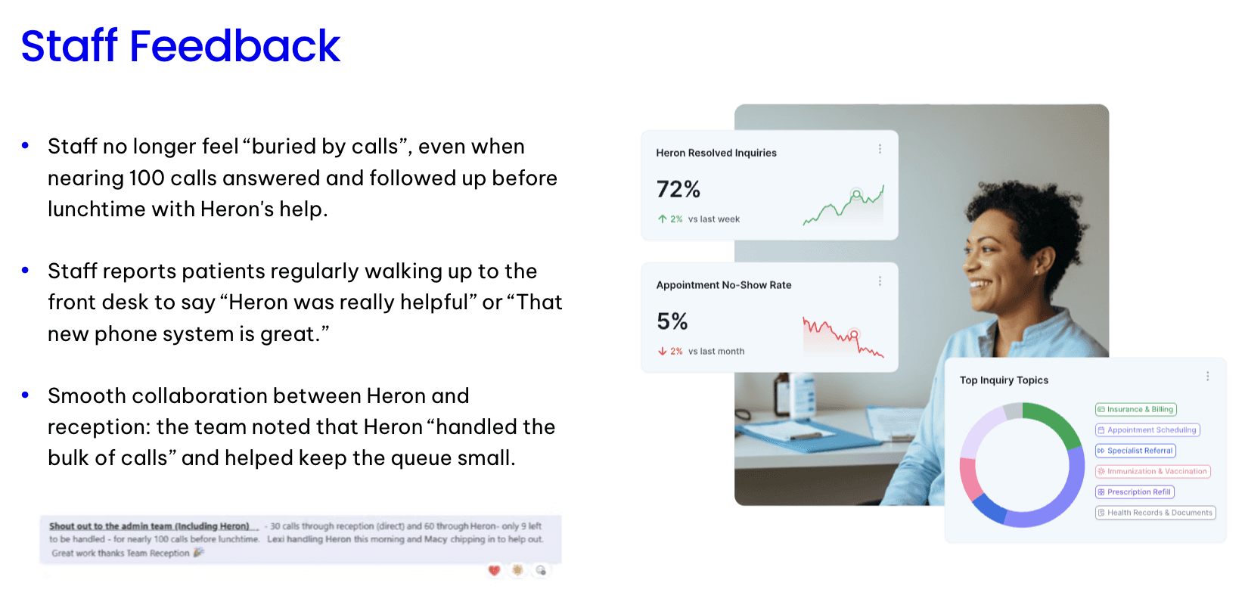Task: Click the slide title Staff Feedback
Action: pyautogui.click(x=180, y=45)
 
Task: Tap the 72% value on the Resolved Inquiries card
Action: pyautogui.click(x=678, y=190)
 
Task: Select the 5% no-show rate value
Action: pyautogui.click(x=672, y=321)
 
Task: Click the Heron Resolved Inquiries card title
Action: pyautogui.click(x=716, y=153)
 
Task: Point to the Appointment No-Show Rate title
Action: pyautogui.click(x=724, y=285)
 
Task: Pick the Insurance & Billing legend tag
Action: pyautogui.click(x=1135, y=410)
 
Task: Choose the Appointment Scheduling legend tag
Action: pyautogui.click(x=1147, y=430)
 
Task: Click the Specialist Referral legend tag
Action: pyautogui.click(x=1135, y=451)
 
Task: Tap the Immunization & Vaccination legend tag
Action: pyautogui.click(x=1152, y=471)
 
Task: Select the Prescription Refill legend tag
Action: pyautogui.click(x=1135, y=492)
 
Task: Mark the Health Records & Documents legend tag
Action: pyautogui.click(x=1155, y=513)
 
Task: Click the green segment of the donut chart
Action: pyautogui.click(x=1055, y=420)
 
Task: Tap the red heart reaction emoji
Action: pyautogui.click(x=494, y=570)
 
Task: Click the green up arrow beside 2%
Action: pyautogui.click(x=662, y=219)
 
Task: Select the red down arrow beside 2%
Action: pyautogui.click(x=662, y=351)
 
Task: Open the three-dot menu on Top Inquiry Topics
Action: pyautogui.click(x=1207, y=376)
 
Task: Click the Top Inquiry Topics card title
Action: pyautogui.click(x=1004, y=380)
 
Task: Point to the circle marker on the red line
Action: pyautogui.click(x=854, y=334)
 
